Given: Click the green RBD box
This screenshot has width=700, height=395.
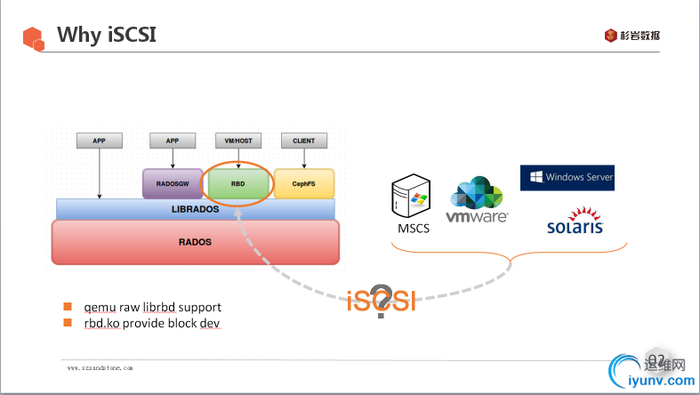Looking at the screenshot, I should (x=237, y=183).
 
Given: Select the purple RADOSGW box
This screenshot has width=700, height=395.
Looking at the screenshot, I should (x=172, y=183).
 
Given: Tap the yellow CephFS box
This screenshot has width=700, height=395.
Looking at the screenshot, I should (x=303, y=183).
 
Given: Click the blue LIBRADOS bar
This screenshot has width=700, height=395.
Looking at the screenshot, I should (x=195, y=209).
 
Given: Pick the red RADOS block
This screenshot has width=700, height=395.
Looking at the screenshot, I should (x=196, y=241).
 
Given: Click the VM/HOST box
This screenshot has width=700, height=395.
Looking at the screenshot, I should (x=237, y=141).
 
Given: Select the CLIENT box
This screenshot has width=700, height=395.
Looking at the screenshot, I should (x=304, y=141).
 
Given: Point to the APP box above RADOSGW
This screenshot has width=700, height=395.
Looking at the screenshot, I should (x=172, y=141).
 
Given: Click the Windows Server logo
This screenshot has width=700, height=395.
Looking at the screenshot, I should (x=567, y=177).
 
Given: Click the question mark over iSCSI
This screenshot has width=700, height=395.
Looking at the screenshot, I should (x=382, y=301).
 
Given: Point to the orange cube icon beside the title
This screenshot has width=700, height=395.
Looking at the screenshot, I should (x=34, y=37).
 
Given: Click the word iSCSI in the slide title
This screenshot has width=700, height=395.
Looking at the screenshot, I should (x=133, y=35).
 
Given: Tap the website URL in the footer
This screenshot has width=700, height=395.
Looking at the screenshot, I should (x=101, y=367).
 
